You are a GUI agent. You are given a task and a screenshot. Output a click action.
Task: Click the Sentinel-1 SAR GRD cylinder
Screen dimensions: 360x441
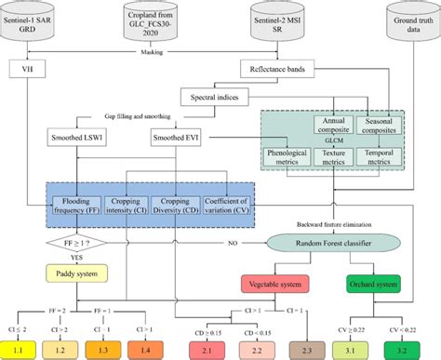pos(35,23)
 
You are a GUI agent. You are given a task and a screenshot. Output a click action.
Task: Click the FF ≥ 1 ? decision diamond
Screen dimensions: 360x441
pos(72,243)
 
